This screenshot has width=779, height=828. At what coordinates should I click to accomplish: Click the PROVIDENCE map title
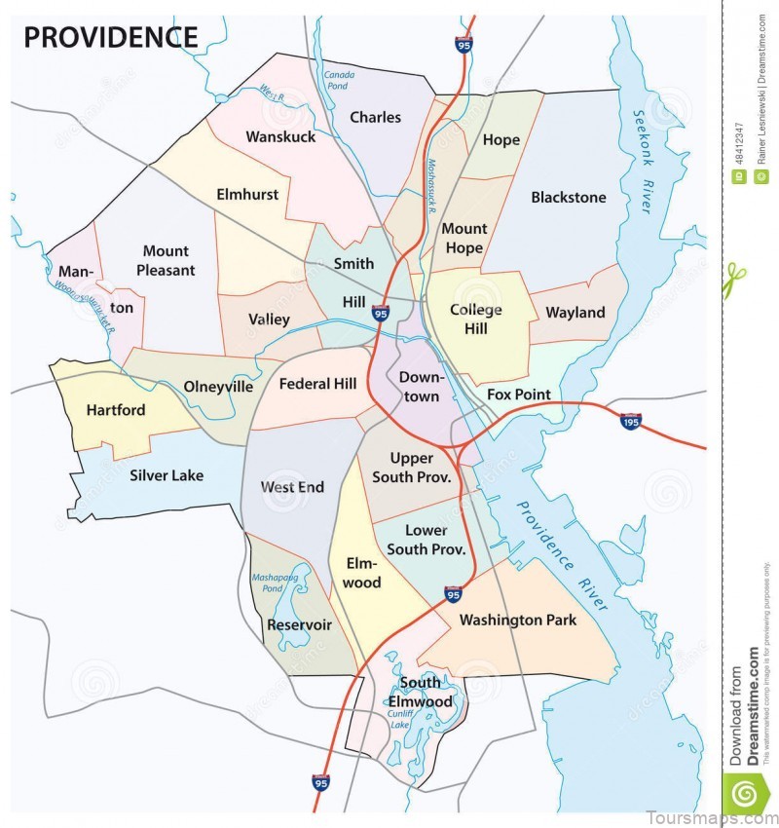click(110, 37)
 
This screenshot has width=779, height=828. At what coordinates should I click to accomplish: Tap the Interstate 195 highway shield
click(631, 421)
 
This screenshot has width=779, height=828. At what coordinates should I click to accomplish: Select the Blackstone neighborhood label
click(568, 198)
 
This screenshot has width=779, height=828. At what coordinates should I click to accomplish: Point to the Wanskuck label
click(280, 137)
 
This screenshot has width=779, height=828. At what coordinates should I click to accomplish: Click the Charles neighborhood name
click(375, 118)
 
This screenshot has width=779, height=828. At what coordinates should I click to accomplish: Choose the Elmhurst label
click(247, 194)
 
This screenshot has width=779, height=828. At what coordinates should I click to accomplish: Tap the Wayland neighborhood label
click(575, 313)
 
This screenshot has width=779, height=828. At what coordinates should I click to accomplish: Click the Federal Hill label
click(317, 384)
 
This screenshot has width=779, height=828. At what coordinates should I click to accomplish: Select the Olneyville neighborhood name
click(218, 387)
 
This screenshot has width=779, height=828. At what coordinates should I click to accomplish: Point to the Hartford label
click(116, 410)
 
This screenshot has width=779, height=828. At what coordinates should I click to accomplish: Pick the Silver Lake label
click(167, 475)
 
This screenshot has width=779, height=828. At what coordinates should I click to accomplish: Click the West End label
click(292, 486)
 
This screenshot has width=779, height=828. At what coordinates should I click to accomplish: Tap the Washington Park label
click(517, 620)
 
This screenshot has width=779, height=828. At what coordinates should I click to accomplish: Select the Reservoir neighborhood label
click(299, 624)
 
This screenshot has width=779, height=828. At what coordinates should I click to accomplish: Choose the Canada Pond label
click(339, 80)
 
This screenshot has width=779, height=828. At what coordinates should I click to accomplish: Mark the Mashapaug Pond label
click(279, 584)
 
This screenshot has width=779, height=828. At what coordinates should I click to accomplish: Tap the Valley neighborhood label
click(269, 320)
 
